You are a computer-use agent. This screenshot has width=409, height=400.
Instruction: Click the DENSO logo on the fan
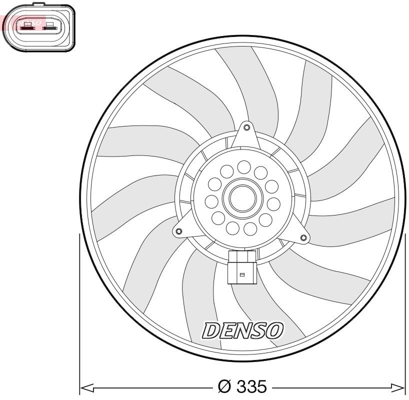click(242, 330)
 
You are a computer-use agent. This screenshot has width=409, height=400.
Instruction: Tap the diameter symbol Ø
click(223, 387)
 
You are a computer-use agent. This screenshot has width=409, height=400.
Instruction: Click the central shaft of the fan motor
click(242, 198)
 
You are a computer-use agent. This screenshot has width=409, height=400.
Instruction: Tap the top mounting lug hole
click(246, 127)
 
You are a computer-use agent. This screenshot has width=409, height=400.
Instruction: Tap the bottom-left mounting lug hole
click(178, 231)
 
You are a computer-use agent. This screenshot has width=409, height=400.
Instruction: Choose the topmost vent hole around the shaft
click(244, 166)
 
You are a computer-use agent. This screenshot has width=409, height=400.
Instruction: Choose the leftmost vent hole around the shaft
click(212, 202)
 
